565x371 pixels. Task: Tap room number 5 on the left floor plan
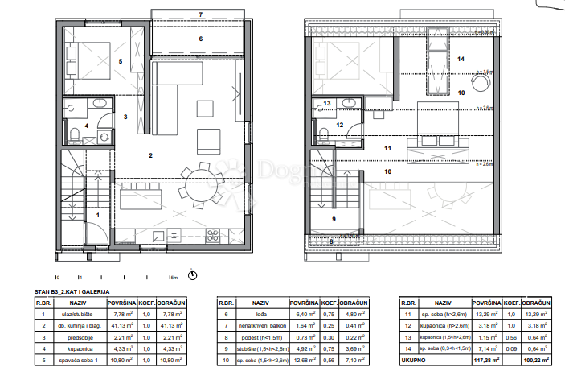pos(121,60)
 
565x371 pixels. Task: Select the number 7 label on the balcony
pos(200,14)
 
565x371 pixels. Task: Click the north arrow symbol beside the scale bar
pos(191,276)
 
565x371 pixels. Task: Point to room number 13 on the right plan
pos(327,103)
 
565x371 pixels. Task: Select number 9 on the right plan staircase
pos(333,219)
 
